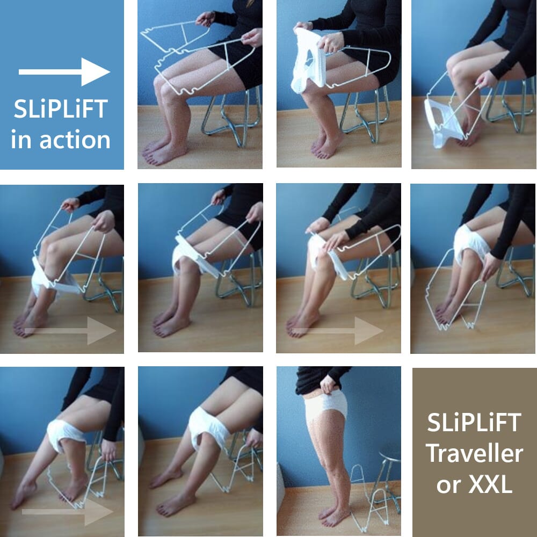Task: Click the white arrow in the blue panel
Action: [64, 71]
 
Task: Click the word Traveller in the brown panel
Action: [474, 454]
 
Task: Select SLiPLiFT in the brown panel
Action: [474, 423]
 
